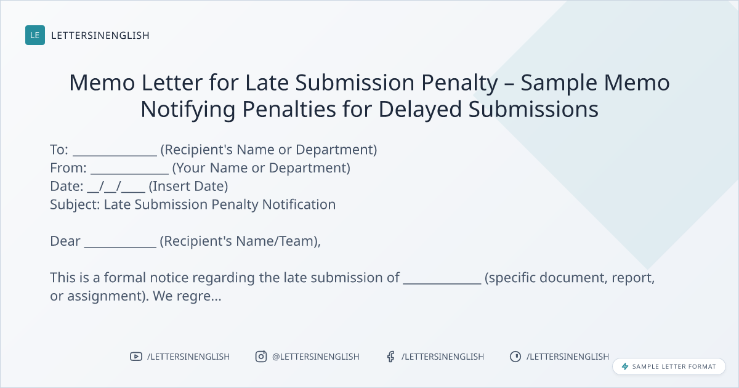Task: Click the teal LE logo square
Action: pyautogui.click(x=35, y=35)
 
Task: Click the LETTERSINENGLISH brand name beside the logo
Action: pyautogui.click(x=100, y=35)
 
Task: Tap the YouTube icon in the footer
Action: pyautogui.click(x=136, y=357)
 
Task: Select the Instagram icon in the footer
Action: pyautogui.click(x=261, y=357)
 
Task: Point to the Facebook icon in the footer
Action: pyautogui.click(x=391, y=357)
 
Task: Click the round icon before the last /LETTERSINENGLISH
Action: pyautogui.click(x=515, y=357)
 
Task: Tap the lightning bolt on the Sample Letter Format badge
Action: pyautogui.click(x=625, y=366)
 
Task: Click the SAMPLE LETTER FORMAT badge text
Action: pyautogui.click(x=674, y=366)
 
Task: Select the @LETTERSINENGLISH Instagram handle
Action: pyautogui.click(x=316, y=357)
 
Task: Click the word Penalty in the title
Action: pyautogui.click(x=459, y=83)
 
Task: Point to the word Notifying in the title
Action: pyautogui.click(x=188, y=109)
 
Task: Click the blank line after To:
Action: pyautogui.click(x=115, y=155)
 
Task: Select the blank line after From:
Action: pyautogui.click(x=130, y=173)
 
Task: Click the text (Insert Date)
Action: pyautogui.click(x=188, y=186)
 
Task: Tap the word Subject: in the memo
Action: pyautogui.click(x=75, y=204)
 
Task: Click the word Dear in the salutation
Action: pyautogui.click(x=65, y=241)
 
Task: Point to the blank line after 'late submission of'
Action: pyautogui.click(x=442, y=283)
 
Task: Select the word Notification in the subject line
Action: pyautogui.click(x=299, y=204)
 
